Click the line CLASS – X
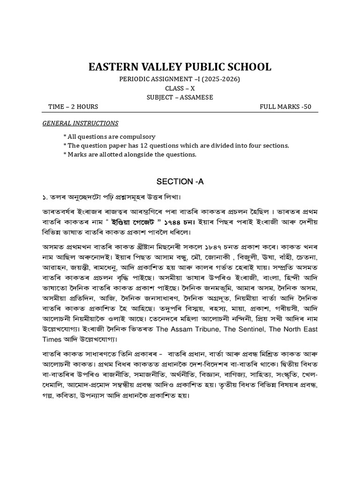point(180,88)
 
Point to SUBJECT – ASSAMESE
point(180,97)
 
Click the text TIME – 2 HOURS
point(73,106)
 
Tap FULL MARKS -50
point(285,106)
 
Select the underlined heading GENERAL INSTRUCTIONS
point(80,123)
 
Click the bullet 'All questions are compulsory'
point(109,136)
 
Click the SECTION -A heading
point(180,181)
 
